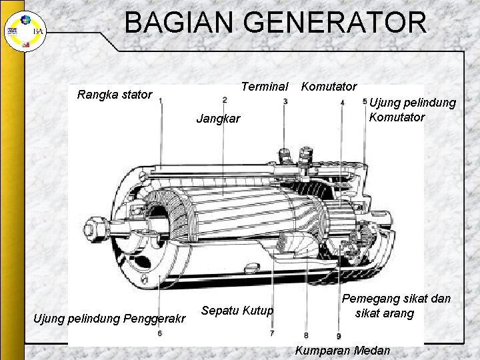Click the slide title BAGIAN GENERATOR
[x=275, y=22]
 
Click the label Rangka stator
[x=115, y=95]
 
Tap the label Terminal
[x=265, y=87]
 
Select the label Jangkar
[x=218, y=119]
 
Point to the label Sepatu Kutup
[x=237, y=310]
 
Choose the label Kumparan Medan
[x=342, y=351]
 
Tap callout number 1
[x=161, y=101]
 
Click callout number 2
[x=225, y=100]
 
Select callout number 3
[x=285, y=101]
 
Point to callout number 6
[x=159, y=333]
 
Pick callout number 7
[x=272, y=332]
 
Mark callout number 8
[x=305, y=335]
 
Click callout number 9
[x=339, y=335]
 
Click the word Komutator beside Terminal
[x=329, y=87]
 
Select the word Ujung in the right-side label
[x=385, y=103]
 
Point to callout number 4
[x=342, y=103]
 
